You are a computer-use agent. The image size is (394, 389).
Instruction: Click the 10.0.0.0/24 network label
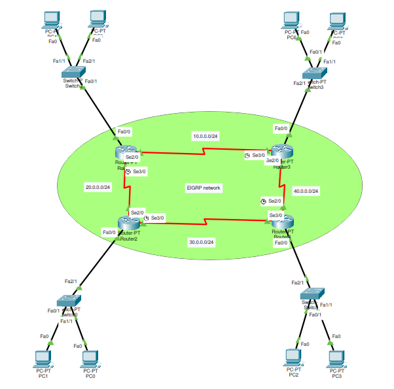(205, 136)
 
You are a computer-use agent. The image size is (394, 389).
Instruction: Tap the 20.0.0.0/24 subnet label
(98, 187)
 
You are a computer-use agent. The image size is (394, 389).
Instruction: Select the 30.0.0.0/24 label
(202, 242)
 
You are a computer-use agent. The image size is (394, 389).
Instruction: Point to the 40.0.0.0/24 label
(306, 191)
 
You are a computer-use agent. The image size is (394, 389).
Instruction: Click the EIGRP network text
(204, 188)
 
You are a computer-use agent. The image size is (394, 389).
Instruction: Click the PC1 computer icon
(43, 358)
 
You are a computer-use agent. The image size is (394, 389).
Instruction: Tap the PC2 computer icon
(293, 358)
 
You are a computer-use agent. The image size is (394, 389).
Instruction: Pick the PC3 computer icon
(336, 358)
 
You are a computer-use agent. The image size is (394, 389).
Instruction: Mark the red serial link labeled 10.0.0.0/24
(205, 152)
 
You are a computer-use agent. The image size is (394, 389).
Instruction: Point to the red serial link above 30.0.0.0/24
(206, 221)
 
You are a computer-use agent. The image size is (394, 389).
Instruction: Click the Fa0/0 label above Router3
(281, 128)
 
